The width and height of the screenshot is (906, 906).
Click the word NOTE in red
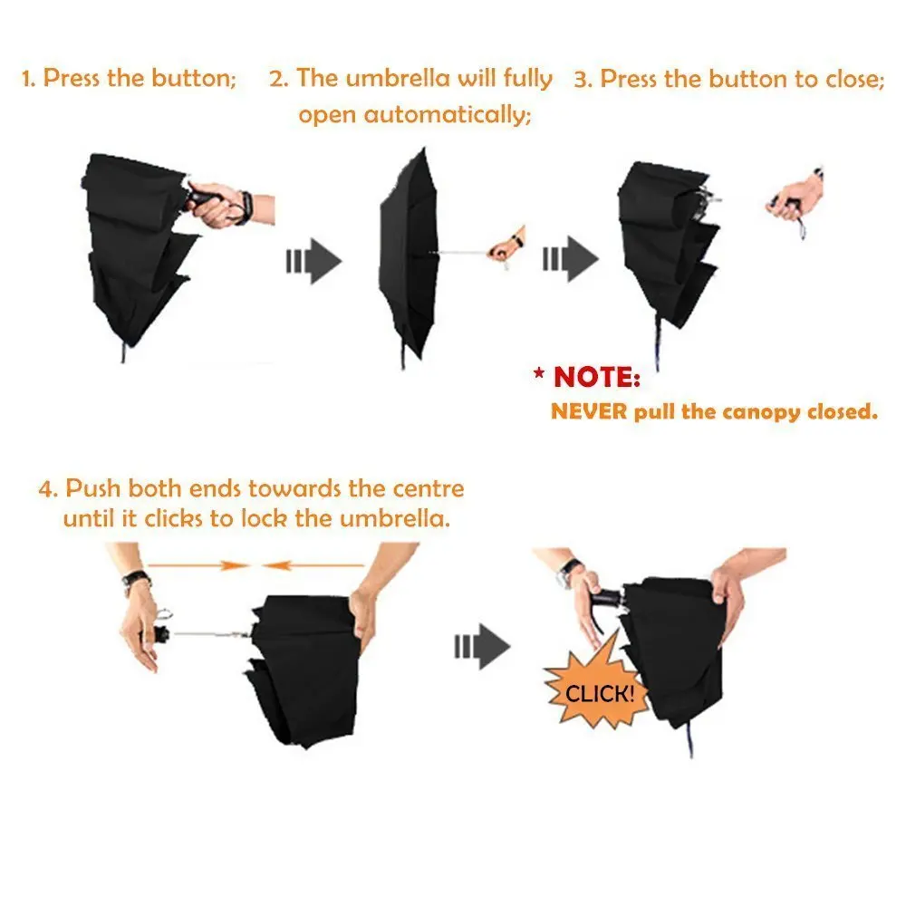(597, 377)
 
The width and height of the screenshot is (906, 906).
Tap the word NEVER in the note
(589, 411)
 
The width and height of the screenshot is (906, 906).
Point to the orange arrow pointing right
(198, 565)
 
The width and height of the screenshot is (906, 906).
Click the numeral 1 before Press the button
(27, 78)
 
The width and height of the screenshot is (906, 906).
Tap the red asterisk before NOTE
(539, 373)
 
